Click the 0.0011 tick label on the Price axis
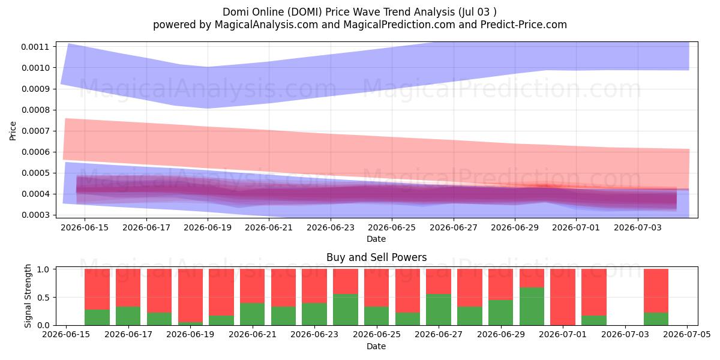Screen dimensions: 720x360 (x=35, y=47)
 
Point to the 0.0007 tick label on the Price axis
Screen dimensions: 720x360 (x=35, y=131)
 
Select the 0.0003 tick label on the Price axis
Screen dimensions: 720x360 (x=35, y=215)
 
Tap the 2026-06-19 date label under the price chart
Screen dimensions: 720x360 (x=208, y=227)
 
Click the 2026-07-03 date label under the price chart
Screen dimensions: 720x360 (x=638, y=227)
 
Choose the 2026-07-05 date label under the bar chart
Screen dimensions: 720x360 (x=687, y=334)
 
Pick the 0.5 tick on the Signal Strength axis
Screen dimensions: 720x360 (x=43, y=298)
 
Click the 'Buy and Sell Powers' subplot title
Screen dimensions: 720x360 (x=376, y=257)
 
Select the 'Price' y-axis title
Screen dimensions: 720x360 (x=13, y=131)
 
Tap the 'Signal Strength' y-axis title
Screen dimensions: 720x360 (x=28, y=296)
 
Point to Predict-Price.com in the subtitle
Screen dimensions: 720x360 (x=524, y=25)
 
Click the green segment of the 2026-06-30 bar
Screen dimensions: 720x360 (x=532, y=307)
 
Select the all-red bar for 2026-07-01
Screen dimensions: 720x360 (x=563, y=297)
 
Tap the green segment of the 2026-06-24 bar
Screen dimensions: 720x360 (x=346, y=310)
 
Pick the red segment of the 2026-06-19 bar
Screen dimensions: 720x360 (x=191, y=295)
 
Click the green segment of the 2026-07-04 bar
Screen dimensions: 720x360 (x=656, y=319)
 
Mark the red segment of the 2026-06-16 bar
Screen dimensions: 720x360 (x=97, y=289)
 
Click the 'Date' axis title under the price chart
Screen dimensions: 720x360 (x=376, y=239)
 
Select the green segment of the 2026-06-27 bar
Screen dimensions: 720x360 (x=439, y=310)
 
